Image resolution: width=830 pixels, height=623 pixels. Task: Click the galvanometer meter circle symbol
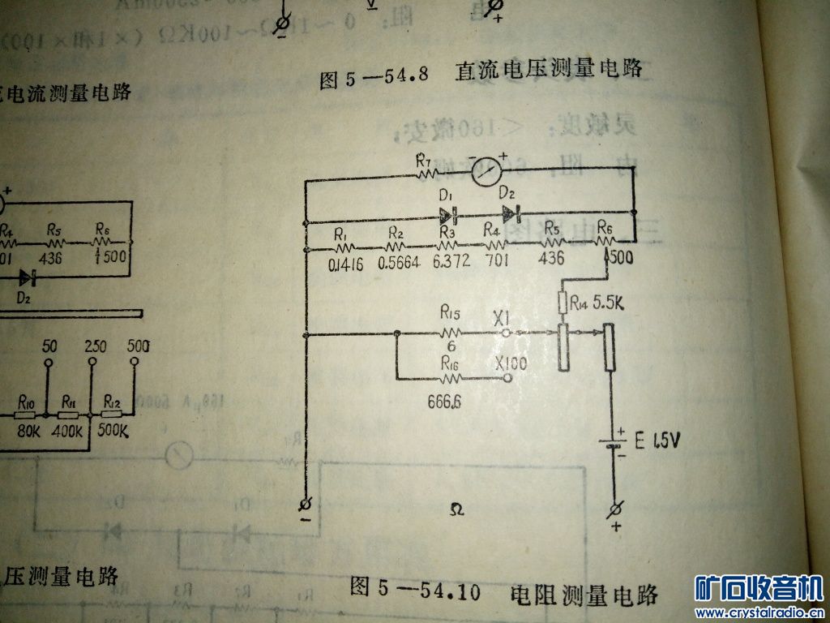(x=488, y=170)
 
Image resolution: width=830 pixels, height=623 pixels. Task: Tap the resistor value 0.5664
(x=397, y=262)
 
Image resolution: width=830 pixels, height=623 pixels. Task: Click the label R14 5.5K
(x=596, y=302)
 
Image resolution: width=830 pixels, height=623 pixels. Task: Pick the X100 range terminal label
(x=510, y=363)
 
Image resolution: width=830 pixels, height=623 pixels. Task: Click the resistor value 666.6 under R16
(x=444, y=401)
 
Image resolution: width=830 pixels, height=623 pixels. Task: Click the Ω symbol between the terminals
(x=456, y=509)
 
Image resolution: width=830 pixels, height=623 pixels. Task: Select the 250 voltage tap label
(x=95, y=346)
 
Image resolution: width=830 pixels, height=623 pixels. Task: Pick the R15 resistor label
(x=449, y=312)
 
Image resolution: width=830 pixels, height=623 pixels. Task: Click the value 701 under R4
(x=494, y=261)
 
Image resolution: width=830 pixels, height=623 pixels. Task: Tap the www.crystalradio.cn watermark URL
(x=759, y=612)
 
